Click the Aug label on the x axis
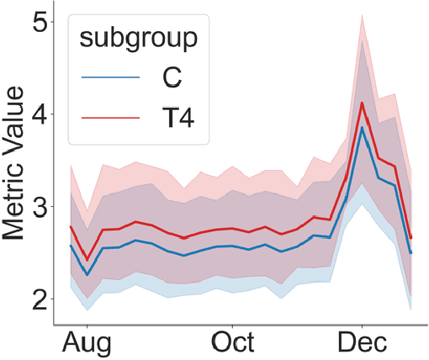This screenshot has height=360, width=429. (87, 342)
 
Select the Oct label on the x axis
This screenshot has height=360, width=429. (234, 342)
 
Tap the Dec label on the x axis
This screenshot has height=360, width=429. (363, 342)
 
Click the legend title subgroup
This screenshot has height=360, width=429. (139, 38)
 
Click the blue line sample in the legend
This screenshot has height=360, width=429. (109, 77)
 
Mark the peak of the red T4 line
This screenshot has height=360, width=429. (362, 103)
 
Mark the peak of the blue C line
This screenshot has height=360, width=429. (362, 127)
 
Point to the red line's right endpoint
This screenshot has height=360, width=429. (410, 238)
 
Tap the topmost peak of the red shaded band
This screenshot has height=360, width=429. (362, 14)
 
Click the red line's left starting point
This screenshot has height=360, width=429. (71, 226)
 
